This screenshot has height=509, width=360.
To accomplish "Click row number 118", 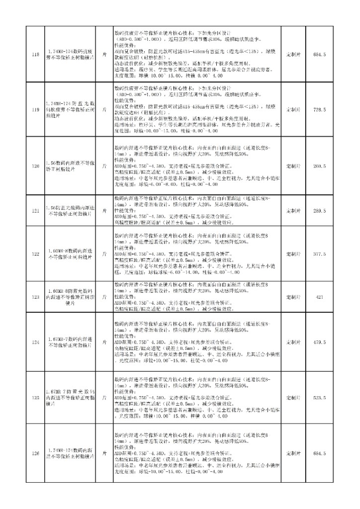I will click(34, 54).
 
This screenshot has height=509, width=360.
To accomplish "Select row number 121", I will click(34, 211).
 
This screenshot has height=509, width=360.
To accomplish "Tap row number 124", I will click(34, 342).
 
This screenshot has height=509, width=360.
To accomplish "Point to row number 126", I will click(34, 453).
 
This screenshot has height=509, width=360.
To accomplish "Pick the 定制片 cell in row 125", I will click(293, 398).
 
